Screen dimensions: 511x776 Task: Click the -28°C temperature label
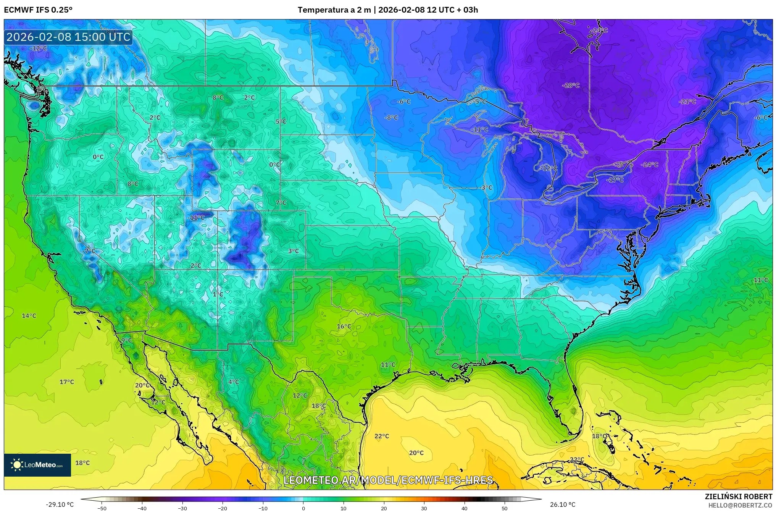click(x=571, y=86)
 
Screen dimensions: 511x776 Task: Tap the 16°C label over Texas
click(x=344, y=327)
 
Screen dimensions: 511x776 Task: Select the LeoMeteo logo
click(x=37, y=465)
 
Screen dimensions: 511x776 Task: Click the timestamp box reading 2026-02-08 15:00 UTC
click(x=68, y=37)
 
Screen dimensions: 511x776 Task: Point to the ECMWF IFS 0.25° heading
click(x=38, y=10)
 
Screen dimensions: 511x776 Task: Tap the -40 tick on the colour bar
click(x=142, y=508)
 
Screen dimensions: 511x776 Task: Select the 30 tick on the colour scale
click(x=424, y=508)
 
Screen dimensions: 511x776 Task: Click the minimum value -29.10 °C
click(x=60, y=505)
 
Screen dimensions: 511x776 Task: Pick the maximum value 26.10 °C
click(x=563, y=505)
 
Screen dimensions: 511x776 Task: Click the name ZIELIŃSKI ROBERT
click(x=738, y=497)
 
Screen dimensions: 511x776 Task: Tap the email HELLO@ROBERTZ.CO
click(x=740, y=505)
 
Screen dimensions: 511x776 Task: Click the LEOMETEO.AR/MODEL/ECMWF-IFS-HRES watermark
click(x=388, y=480)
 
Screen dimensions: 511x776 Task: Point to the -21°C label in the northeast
click(x=687, y=102)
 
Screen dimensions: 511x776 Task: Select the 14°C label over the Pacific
click(x=29, y=316)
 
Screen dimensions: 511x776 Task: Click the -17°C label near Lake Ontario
click(x=615, y=180)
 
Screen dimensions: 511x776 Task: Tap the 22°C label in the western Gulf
click(x=382, y=436)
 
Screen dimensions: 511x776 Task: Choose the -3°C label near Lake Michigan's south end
click(x=486, y=188)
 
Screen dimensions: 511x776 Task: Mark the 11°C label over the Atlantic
click(x=761, y=280)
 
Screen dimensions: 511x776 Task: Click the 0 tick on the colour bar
click(x=303, y=508)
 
